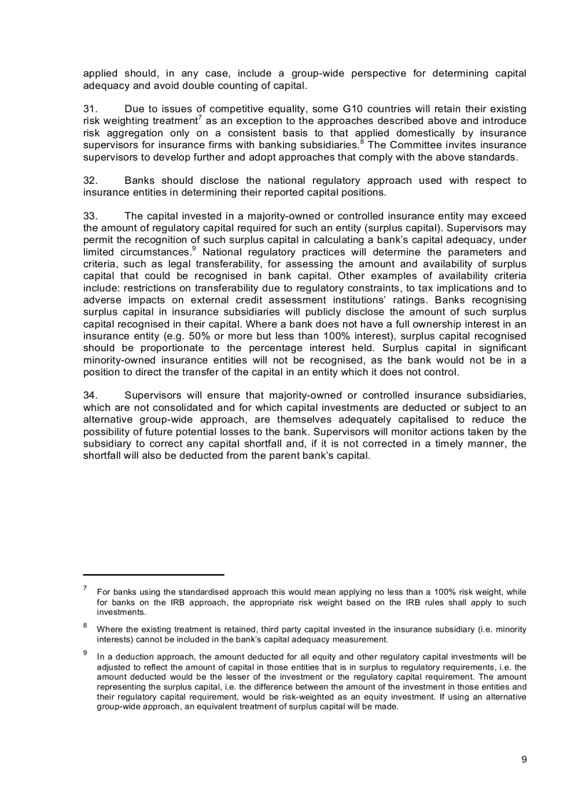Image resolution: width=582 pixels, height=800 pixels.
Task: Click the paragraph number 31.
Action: click(90, 109)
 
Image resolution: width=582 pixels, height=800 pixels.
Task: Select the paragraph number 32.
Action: click(90, 180)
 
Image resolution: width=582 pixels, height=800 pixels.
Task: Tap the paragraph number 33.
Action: click(90, 216)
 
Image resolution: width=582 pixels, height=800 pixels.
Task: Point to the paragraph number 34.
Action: click(90, 395)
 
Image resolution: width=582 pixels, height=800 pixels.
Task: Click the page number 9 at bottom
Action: click(524, 759)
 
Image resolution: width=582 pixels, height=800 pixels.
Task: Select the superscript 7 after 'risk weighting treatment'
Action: click(200, 118)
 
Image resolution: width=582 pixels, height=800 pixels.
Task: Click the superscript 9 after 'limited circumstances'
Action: click(195, 249)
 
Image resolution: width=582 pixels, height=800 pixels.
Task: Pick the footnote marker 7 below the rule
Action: click(85, 588)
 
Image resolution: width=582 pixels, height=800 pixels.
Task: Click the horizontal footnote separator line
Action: click(153, 574)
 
